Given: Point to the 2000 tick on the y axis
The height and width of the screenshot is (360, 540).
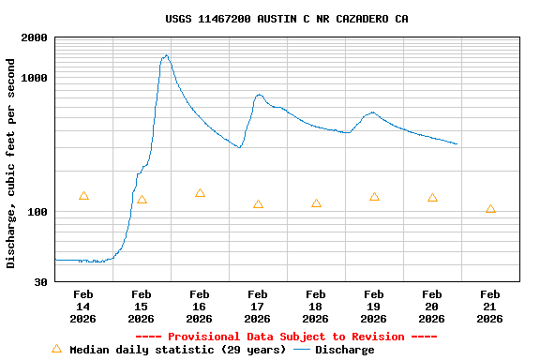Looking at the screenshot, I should click(x=35, y=37).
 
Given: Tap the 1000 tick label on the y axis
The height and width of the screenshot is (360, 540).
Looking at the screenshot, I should click(x=35, y=78).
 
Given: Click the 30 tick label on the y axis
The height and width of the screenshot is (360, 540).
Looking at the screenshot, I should click(x=41, y=282).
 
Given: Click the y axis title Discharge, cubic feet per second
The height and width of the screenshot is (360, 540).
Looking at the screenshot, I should click(x=11, y=163).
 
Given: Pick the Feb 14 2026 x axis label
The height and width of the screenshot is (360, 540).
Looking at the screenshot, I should click(x=83, y=307).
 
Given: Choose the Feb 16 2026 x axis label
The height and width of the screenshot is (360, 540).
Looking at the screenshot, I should click(x=200, y=307).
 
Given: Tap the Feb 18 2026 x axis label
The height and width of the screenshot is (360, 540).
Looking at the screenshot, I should click(x=316, y=307).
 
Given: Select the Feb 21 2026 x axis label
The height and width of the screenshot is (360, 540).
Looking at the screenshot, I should click(x=490, y=307).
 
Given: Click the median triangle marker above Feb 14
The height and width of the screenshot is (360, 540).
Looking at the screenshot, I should click(x=83, y=196).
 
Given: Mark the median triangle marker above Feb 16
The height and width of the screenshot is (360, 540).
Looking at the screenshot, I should click(x=200, y=193).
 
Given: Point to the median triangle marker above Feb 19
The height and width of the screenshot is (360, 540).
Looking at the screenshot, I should click(x=374, y=197).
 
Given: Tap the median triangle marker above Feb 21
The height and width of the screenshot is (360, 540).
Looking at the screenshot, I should click(x=490, y=209).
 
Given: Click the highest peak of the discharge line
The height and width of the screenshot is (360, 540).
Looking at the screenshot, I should click(x=166, y=55).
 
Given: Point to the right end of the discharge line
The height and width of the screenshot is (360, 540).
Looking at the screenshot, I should click(x=457, y=144).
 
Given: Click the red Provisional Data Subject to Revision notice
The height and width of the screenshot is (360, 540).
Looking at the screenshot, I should click(x=286, y=337).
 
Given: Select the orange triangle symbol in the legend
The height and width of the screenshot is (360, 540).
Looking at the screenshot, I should click(x=56, y=349).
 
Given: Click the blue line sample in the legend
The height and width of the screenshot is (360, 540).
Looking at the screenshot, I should click(x=301, y=350).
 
